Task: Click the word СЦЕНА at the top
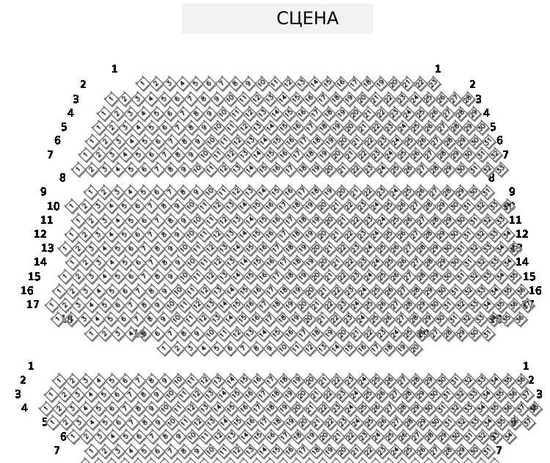(x=307, y=19)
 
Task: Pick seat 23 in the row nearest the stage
(x=433, y=83)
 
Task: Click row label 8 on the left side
(x=62, y=178)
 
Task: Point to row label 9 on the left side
(x=43, y=192)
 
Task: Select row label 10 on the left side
(x=54, y=207)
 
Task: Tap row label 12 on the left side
(x=40, y=234)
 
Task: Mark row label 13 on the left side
(x=48, y=248)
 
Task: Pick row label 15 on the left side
(x=34, y=277)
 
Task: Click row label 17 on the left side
(x=33, y=305)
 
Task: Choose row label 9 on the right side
(x=512, y=192)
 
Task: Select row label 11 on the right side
(x=515, y=220)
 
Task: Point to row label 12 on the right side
(x=522, y=234)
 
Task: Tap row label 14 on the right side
(x=522, y=262)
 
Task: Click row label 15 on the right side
(x=529, y=277)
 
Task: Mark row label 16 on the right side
(x=535, y=291)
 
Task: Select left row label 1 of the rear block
(x=31, y=365)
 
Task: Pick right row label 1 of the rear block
(x=526, y=365)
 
